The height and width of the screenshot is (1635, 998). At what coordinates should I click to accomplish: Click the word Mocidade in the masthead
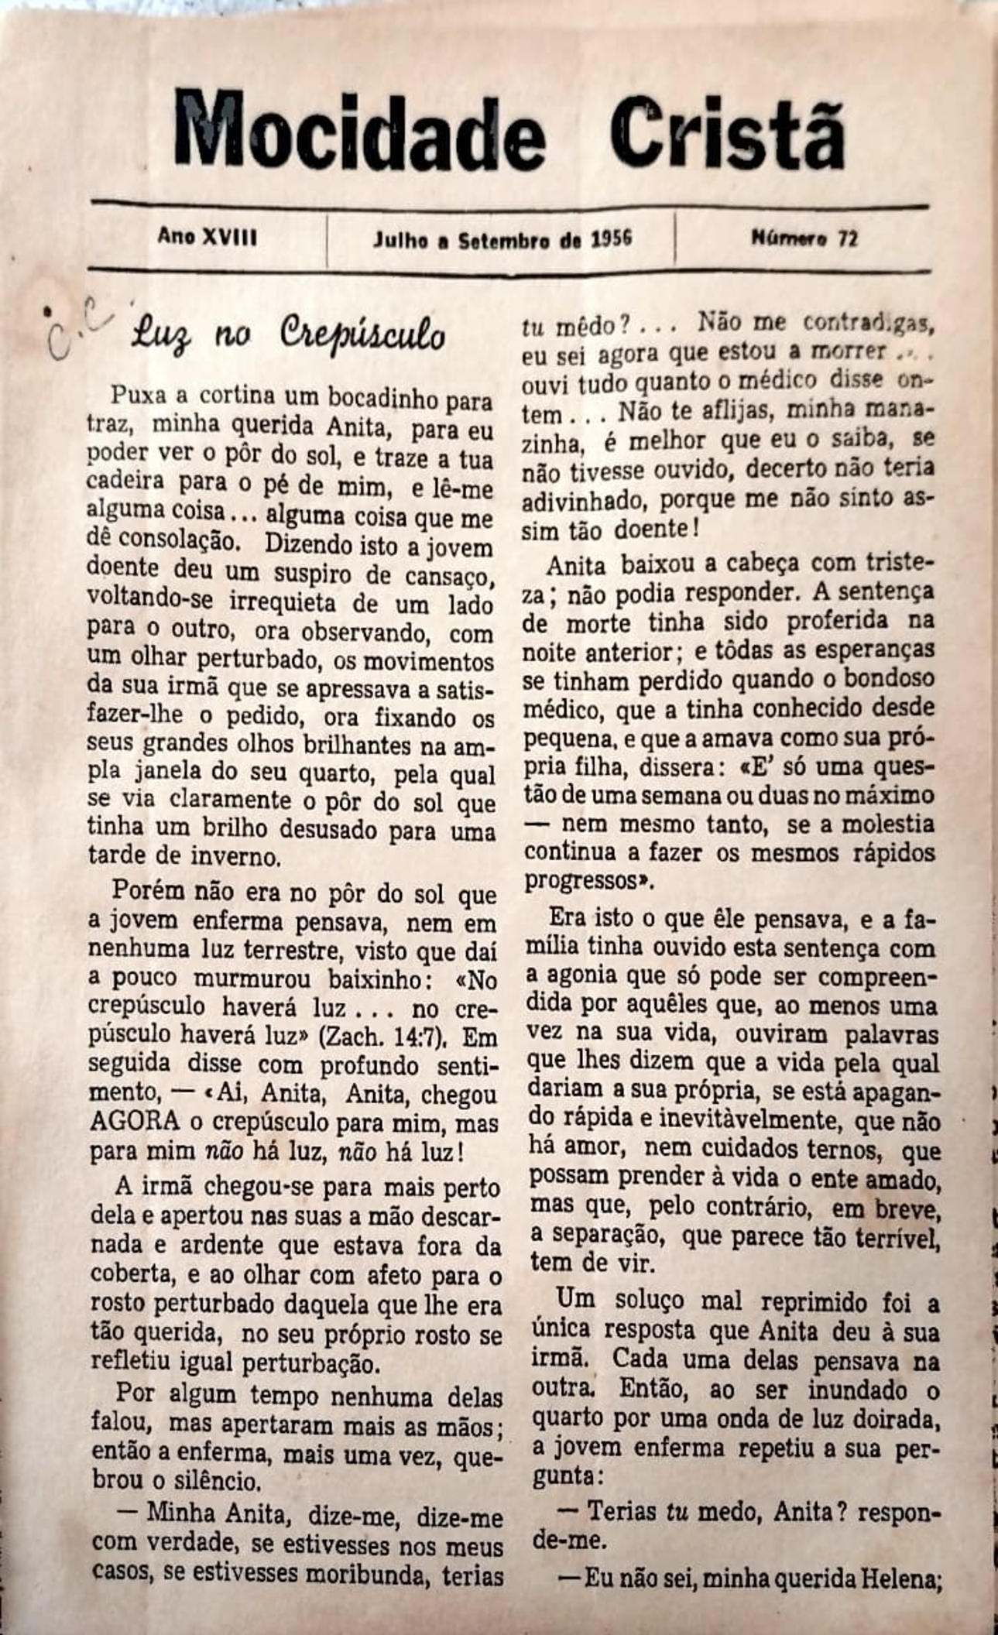tap(359, 129)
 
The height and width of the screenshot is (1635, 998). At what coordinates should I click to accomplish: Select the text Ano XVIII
tap(207, 237)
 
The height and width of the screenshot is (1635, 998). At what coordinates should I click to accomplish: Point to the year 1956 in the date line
tap(612, 238)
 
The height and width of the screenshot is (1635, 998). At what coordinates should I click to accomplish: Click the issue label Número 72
tap(804, 238)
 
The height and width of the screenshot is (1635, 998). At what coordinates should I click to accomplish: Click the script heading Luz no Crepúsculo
tap(289, 335)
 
